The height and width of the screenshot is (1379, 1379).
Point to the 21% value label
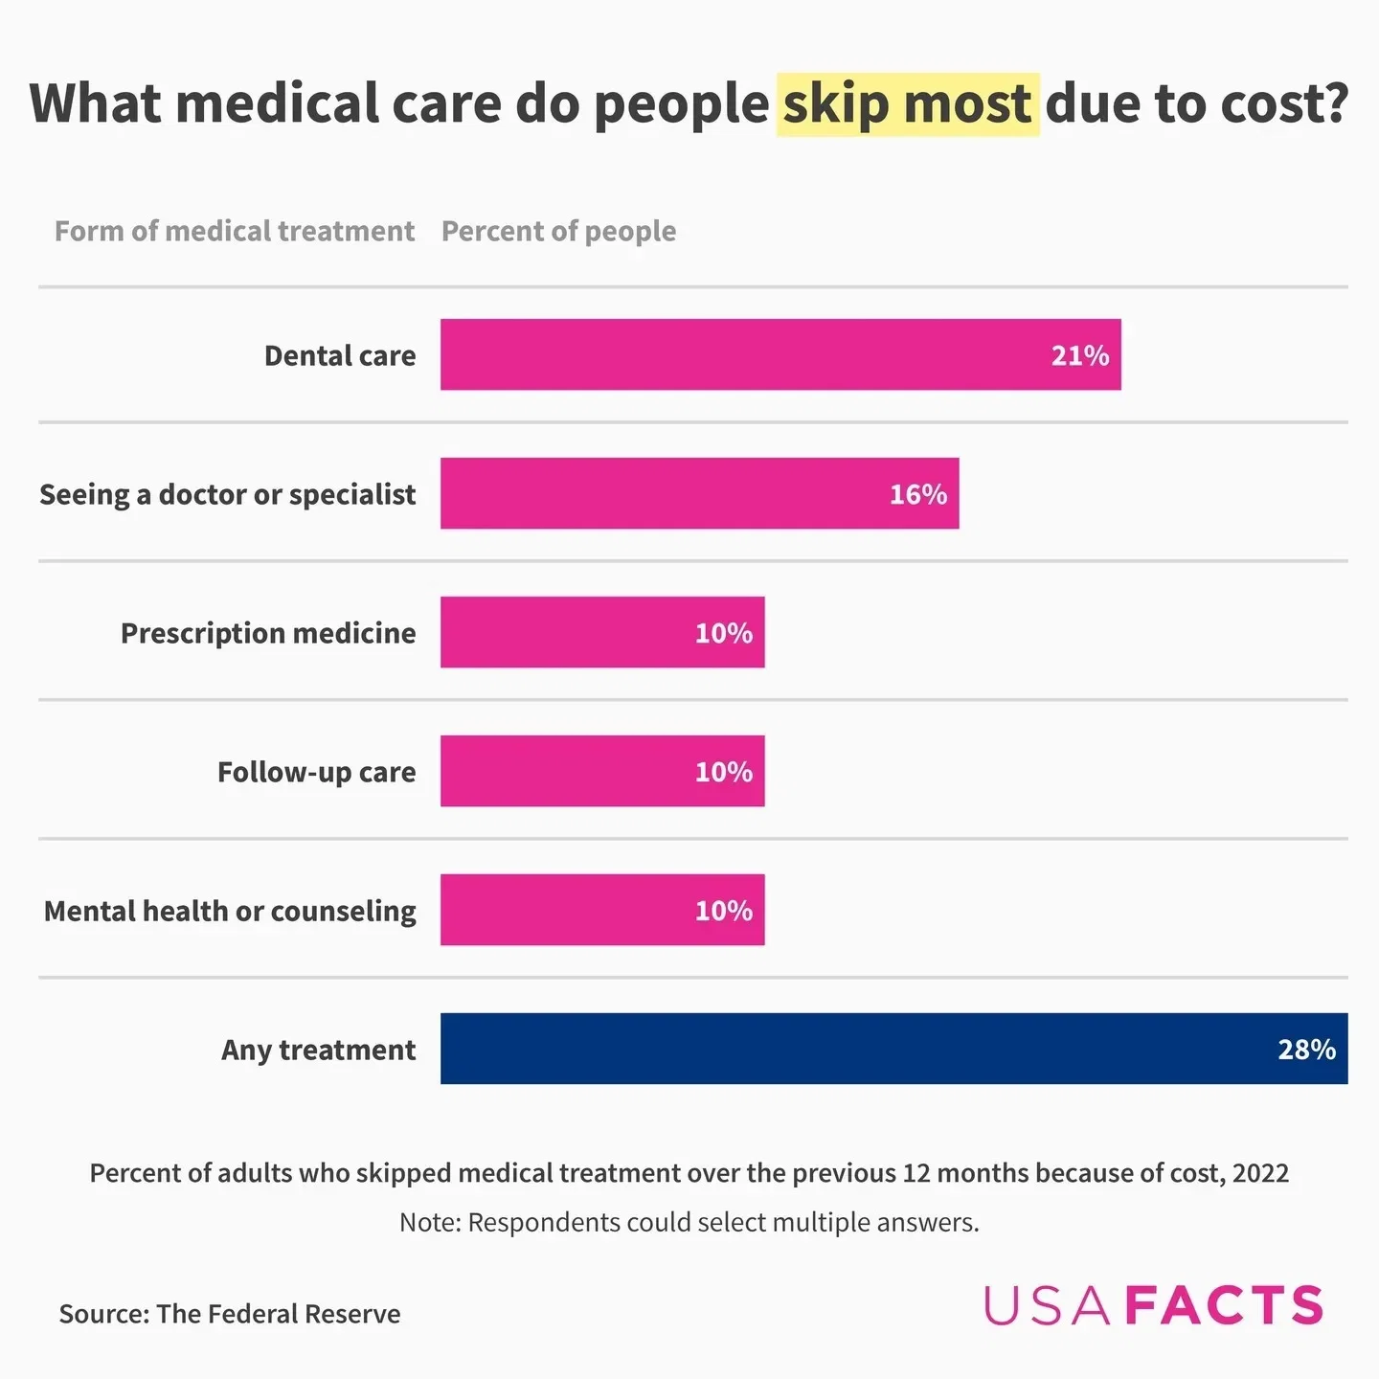coord(1079,355)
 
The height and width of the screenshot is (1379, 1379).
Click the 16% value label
coord(917,494)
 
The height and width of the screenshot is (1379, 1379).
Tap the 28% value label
coord(1306,1050)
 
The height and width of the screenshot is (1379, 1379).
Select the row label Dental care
coord(340,355)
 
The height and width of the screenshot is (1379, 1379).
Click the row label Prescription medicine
coord(268,633)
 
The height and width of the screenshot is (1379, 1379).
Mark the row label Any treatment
coord(318,1050)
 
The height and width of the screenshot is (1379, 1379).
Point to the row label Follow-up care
coord(316,772)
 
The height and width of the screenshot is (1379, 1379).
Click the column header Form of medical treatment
coord(235,231)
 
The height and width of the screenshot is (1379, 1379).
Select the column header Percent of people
coord(558,231)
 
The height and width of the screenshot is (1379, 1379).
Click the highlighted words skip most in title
coord(907,103)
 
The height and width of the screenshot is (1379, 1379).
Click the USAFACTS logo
coord(1153,1305)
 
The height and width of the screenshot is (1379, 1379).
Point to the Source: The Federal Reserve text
coord(230,1314)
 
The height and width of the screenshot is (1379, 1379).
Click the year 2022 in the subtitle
coord(1260,1173)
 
